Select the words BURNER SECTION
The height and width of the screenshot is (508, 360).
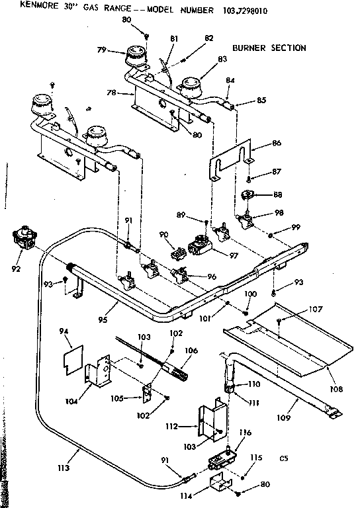pos(269,48)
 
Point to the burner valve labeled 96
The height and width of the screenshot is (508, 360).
pos(181,273)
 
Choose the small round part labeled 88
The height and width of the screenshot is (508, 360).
pos(249,196)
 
